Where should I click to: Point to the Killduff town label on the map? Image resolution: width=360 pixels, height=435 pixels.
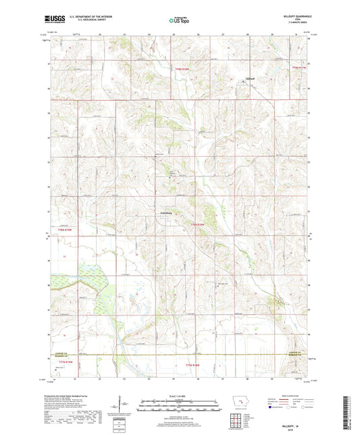tap(249, 78)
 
